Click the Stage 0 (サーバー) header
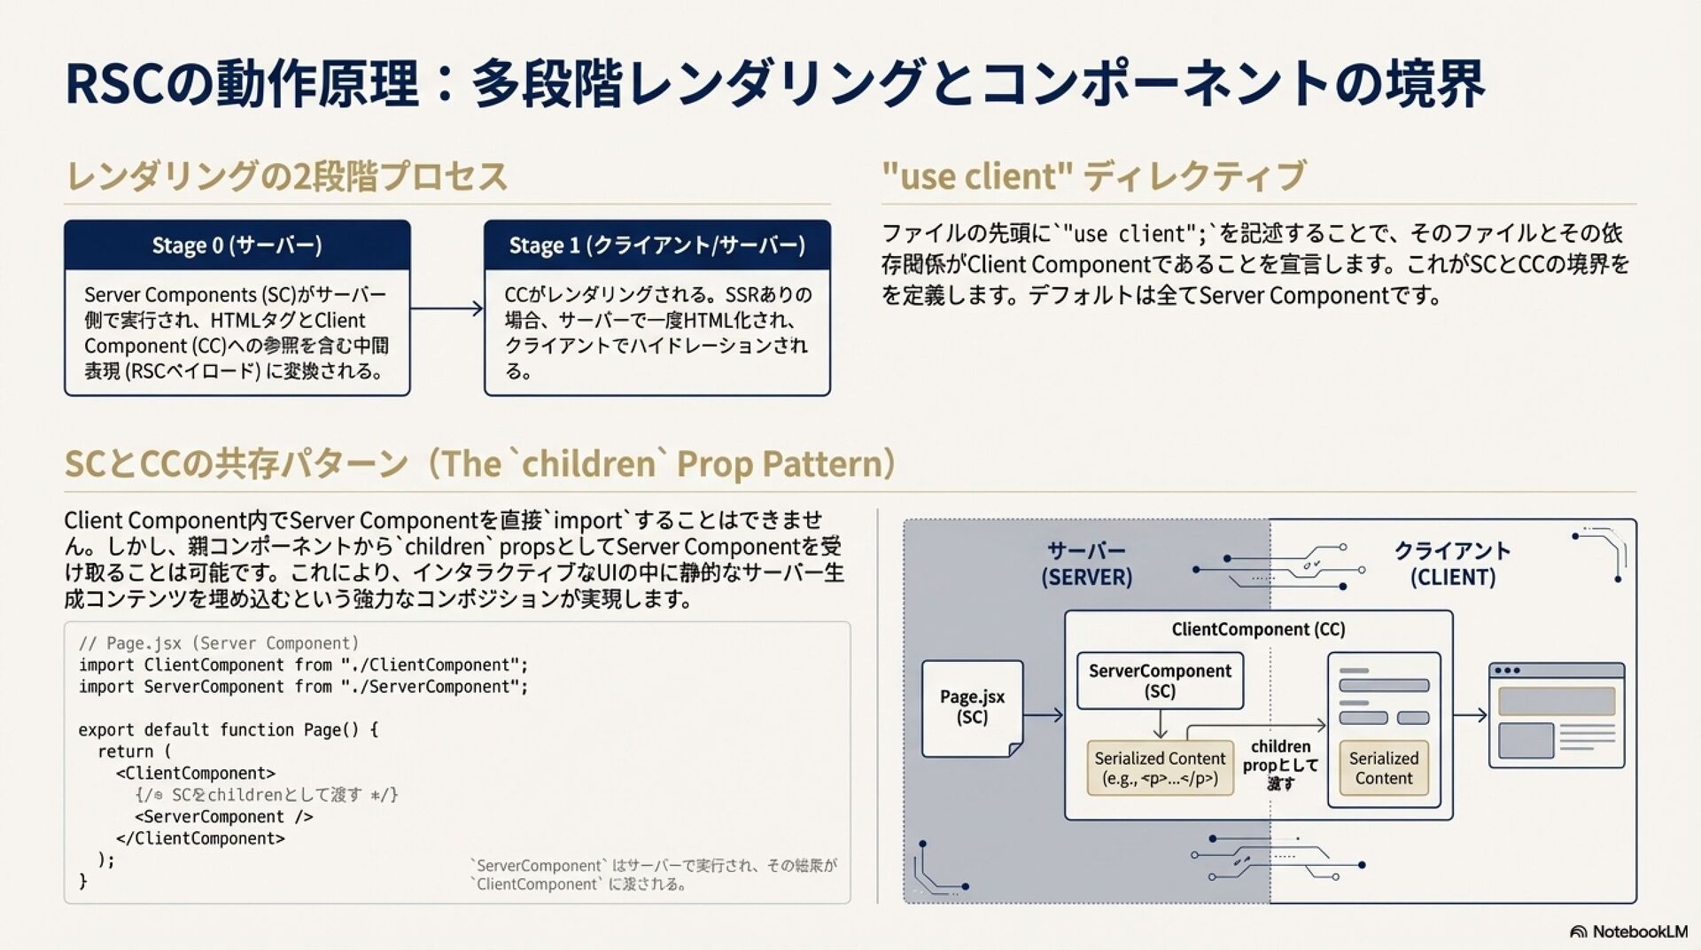pos(237,245)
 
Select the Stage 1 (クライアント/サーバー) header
pos(656,245)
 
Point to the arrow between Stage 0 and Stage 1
pos(447,308)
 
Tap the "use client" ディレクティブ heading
pos(1093,175)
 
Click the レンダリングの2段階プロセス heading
pos(287,175)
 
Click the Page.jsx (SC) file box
pos(972,707)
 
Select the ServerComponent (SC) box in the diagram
pos(1160,681)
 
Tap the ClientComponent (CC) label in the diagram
pos(1258,629)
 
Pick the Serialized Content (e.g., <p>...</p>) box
pos(1160,768)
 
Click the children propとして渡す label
pos(1280,764)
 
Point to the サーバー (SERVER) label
pos(1086,564)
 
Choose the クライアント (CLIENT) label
pos(1452,564)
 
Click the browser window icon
pos(1556,715)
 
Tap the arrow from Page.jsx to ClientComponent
pos(1043,714)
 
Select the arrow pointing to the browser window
pos(1470,714)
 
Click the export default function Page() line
pos(228,729)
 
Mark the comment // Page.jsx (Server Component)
pos(218,643)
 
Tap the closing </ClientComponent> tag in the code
pos(200,838)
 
